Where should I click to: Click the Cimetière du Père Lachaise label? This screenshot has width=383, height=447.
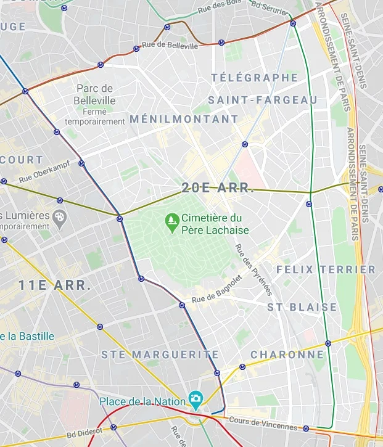pyautogui.click(x=215, y=224)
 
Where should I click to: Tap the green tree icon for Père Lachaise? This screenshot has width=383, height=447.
pyautogui.click(x=171, y=219)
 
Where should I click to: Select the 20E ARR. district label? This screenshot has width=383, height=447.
pyautogui.click(x=218, y=189)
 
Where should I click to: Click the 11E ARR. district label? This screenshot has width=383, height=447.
pyautogui.click(x=54, y=285)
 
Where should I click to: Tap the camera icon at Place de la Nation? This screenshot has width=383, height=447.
pyautogui.click(x=195, y=399)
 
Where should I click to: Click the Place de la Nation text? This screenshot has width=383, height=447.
pyautogui.click(x=142, y=402)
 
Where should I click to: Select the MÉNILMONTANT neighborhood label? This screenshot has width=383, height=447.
pyautogui.click(x=184, y=119)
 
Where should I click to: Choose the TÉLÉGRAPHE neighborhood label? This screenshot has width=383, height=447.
pyautogui.click(x=254, y=78)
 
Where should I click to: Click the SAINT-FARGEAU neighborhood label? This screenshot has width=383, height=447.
pyautogui.click(x=262, y=100)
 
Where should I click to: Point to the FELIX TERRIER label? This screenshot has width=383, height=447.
pyautogui.click(x=326, y=269)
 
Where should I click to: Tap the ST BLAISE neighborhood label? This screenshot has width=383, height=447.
pyautogui.click(x=302, y=307)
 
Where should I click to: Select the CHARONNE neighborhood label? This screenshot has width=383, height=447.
pyautogui.click(x=287, y=355)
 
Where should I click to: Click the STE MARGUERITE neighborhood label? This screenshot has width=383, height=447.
pyautogui.click(x=160, y=355)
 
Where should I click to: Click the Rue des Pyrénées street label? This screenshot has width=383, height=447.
pyautogui.click(x=253, y=268)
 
